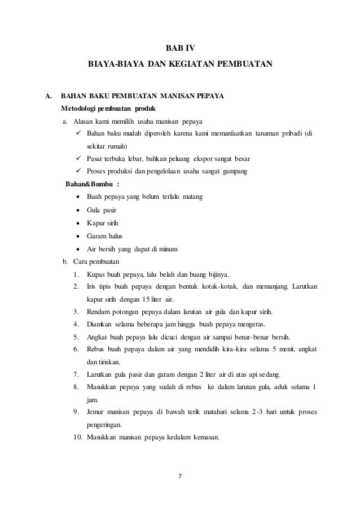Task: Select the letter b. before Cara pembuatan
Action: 64,261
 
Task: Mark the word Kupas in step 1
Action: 95,274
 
